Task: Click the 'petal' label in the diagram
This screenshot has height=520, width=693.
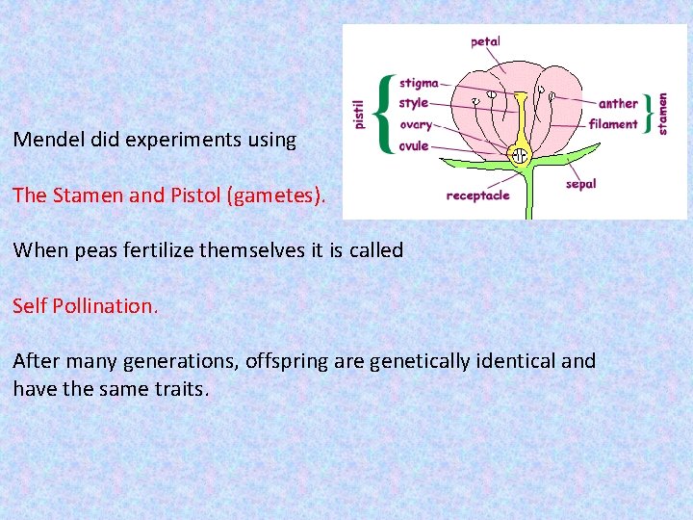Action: coord(485,41)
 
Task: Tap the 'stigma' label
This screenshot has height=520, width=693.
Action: coord(419,84)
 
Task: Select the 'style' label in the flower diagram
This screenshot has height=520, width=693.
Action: coord(414,103)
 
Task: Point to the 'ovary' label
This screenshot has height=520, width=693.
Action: coord(416,124)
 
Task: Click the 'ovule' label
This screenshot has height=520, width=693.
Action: coord(414,145)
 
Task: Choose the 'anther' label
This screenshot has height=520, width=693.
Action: coord(618,103)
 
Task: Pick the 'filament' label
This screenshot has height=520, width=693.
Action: coord(613,123)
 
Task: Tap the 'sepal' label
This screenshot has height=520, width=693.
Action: coord(581,183)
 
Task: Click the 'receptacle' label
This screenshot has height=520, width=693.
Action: coord(477,195)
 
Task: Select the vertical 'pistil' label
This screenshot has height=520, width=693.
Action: coord(359,113)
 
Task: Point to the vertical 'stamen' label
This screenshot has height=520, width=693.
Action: coord(663,113)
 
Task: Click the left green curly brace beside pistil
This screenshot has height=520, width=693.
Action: coord(386,114)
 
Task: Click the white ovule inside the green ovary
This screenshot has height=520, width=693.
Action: coord(521,154)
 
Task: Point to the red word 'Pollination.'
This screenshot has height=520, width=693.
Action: coord(105,306)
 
